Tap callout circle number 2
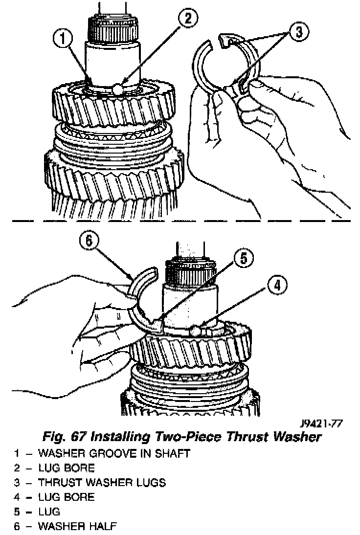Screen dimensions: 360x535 [187, 19]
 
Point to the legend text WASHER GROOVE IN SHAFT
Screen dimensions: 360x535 [113, 453]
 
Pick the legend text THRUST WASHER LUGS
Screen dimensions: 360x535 [102, 483]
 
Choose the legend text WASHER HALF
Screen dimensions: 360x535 [77, 527]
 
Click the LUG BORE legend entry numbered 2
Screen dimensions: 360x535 [66, 468]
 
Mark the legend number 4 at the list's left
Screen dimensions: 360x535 [17, 497]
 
